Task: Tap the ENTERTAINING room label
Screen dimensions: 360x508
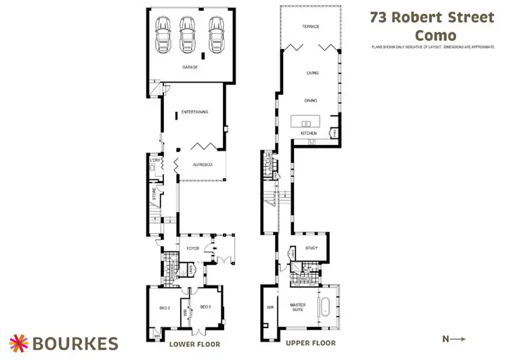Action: [x=195, y=112]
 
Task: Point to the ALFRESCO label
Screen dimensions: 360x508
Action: [x=203, y=165]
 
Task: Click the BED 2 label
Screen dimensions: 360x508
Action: [x=163, y=308]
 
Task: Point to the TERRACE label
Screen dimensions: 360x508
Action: [x=310, y=26]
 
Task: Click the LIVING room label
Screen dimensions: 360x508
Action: [x=312, y=73]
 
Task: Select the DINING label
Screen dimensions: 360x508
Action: [x=311, y=101]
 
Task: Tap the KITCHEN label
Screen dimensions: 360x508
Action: [x=308, y=134]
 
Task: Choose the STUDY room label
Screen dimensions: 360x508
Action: [x=312, y=248]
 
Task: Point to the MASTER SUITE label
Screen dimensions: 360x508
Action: [x=298, y=308]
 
